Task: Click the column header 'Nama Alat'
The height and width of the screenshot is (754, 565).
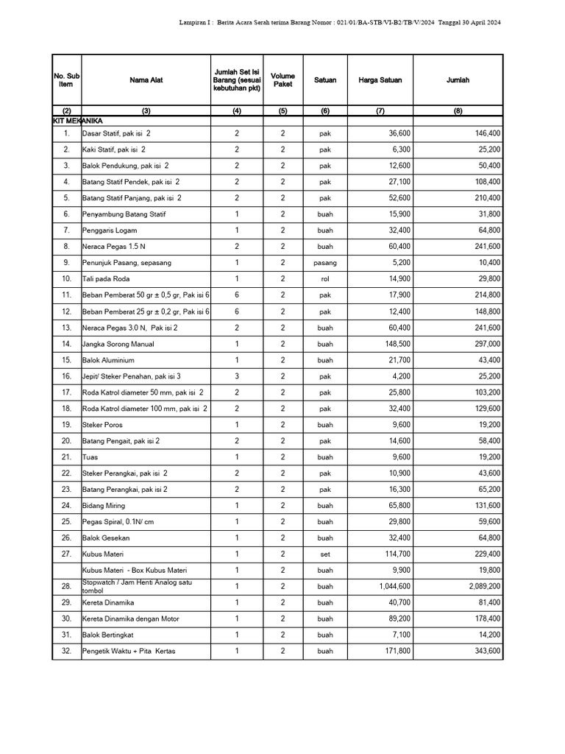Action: (146, 80)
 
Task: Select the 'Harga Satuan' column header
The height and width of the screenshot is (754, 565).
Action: (380, 80)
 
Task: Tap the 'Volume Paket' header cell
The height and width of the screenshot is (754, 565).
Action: (282, 80)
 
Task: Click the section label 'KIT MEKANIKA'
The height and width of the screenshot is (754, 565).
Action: (77, 119)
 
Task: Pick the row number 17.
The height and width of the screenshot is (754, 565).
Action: (66, 392)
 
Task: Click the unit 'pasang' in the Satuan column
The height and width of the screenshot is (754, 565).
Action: (325, 263)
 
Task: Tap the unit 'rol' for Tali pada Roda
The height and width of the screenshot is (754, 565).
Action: (325, 279)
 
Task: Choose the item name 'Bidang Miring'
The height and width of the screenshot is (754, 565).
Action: (104, 506)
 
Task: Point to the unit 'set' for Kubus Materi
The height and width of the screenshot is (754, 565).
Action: (325, 554)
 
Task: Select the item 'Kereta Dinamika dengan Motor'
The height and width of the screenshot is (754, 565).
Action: (131, 619)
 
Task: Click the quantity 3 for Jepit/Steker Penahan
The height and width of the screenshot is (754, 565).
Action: (237, 376)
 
